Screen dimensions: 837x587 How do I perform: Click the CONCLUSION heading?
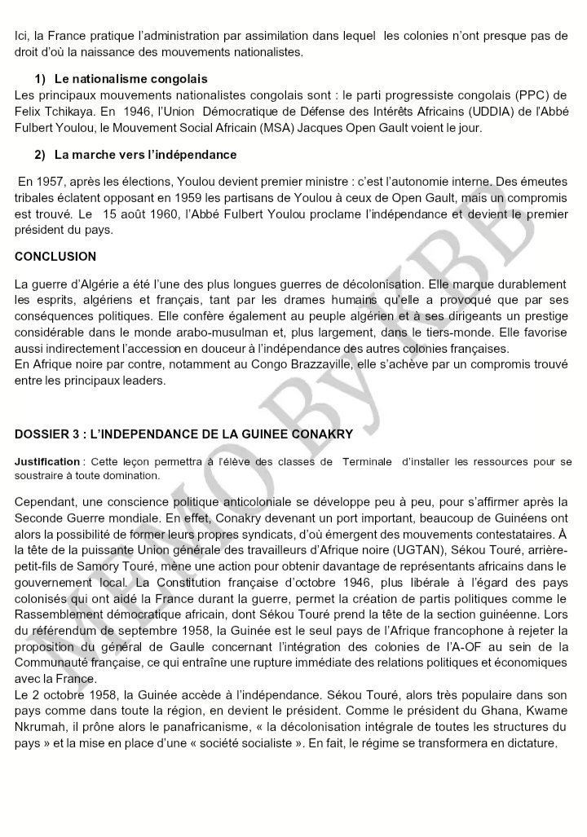(55, 257)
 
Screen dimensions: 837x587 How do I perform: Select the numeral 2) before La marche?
(41, 154)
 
